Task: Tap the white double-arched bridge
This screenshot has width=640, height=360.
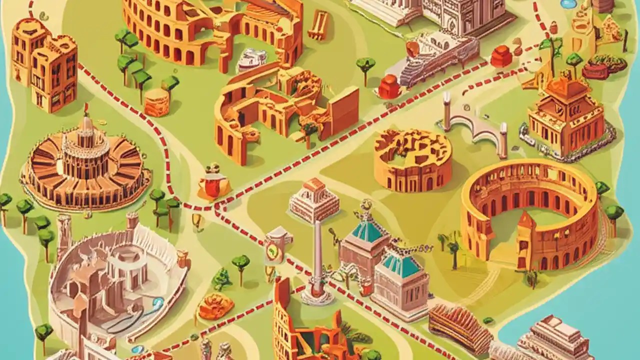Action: click(475, 122)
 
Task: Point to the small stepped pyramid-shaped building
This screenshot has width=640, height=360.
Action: click(314, 199)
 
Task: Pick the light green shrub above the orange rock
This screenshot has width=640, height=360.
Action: click(221, 280)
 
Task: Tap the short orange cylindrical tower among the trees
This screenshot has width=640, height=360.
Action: click(157, 102)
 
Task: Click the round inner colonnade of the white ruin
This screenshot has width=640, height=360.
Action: click(127, 270)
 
